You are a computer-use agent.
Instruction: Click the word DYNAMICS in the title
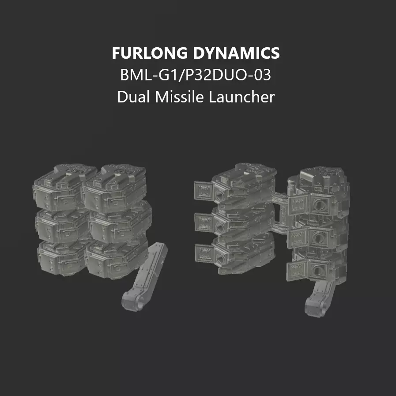[236, 53]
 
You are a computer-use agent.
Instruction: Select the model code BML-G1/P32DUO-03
[196, 75]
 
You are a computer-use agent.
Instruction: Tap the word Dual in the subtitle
[133, 97]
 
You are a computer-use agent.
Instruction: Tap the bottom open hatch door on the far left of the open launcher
[205, 252]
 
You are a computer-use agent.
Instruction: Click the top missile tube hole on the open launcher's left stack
[219, 192]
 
